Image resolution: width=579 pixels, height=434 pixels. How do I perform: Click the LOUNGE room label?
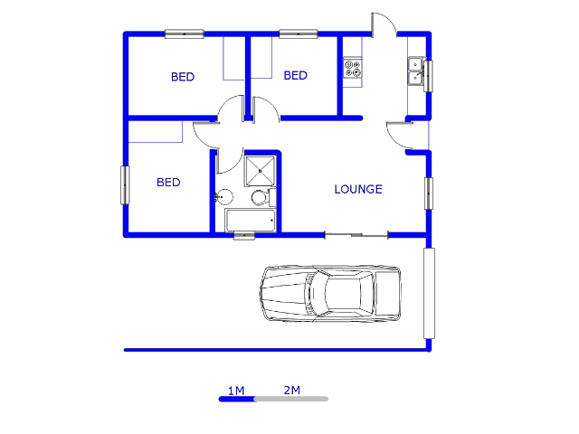click(358, 190)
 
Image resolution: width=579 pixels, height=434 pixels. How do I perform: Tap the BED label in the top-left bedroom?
click(183, 78)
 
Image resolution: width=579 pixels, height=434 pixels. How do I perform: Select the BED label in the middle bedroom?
click(296, 76)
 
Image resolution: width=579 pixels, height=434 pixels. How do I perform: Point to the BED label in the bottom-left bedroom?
click(168, 183)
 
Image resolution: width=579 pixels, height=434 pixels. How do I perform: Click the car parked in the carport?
click(330, 293)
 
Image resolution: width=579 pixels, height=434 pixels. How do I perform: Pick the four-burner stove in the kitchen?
click(352, 68)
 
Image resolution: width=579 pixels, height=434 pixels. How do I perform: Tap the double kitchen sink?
click(416, 71)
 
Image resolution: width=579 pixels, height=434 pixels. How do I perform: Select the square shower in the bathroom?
click(261, 168)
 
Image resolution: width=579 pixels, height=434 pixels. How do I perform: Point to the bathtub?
click(250, 221)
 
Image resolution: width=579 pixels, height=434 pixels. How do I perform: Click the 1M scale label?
click(236, 391)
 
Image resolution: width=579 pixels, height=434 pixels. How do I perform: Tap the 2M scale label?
click(291, 391)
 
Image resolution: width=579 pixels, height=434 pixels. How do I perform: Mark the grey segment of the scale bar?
click(291, 399)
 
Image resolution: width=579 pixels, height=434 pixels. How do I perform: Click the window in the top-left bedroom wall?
click(185, 35)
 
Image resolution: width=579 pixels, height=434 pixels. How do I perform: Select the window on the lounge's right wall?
click(429, 193)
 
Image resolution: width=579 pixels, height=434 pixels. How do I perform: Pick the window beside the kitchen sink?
click(430, 76)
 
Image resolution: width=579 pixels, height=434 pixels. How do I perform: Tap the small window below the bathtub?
click(244, 236)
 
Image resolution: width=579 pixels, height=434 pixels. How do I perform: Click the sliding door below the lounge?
click(356, 236)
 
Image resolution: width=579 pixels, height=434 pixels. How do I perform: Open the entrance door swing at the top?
click(382, 25)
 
